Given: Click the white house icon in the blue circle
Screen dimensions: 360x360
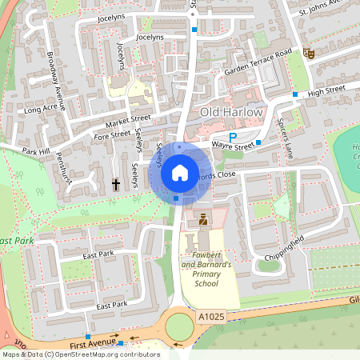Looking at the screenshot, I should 179,172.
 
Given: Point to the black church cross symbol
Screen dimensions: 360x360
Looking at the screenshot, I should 116,185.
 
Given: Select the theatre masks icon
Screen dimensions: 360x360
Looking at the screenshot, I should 309,54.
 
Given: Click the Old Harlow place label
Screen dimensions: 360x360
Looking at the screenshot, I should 231,112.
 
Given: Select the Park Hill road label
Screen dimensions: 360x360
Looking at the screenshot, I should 37,150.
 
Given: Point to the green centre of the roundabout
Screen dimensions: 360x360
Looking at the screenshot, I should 179,326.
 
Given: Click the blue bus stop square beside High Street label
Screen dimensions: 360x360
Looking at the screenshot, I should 295,94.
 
